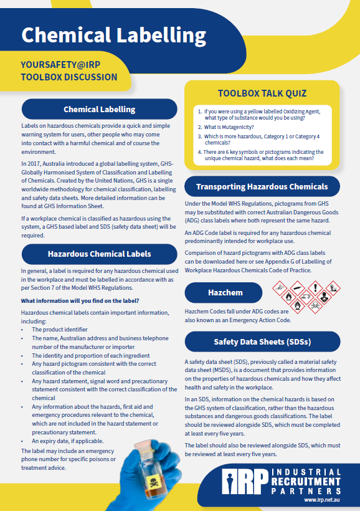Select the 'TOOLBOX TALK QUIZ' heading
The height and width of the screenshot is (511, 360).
click(262, 93)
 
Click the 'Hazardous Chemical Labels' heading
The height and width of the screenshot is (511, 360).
click(99, 254)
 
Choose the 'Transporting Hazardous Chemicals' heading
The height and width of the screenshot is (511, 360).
click(262, 186)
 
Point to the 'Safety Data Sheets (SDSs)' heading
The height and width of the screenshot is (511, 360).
click(262, 341)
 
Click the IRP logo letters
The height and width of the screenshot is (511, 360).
click(247, 480)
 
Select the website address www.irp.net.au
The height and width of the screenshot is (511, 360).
click(321, 500)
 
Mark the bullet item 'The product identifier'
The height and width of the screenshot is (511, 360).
click(60, 329)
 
